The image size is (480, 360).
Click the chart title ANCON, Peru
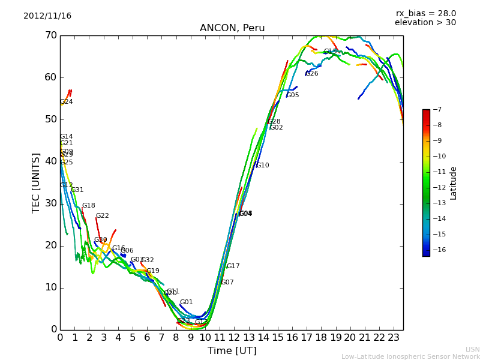tap(232, 28)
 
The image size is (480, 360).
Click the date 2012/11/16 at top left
tap(47, 16)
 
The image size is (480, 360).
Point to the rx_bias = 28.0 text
tap(425, 14)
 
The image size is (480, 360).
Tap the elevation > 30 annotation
tap(425, 23)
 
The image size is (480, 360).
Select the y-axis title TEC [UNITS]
tap(36, 182)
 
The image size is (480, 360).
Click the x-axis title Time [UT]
tap(232, 351)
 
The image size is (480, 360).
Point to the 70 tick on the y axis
tap(50, 35)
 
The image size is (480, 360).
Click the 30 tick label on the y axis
tap(50, 203)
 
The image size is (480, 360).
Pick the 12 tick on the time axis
tap(234, 338)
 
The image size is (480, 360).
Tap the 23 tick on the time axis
tap(394, 338)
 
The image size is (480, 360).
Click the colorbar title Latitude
tap(454, 183)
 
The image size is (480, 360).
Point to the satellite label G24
tap(67, 102)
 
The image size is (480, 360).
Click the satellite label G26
tap(312, 74)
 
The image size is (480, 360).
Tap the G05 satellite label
tap(292, 95)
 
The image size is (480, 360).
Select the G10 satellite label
tap(262, 166)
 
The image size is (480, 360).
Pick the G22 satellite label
tap(103, 216)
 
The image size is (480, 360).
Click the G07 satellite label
tap(227, 283)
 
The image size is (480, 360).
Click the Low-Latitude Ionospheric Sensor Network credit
tap(410, 357)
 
